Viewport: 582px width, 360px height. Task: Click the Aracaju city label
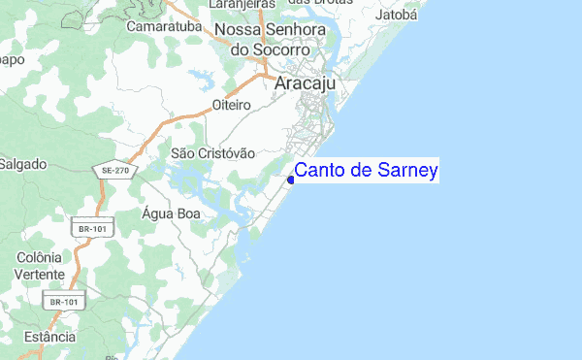coord(306,83)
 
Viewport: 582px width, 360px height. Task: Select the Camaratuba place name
coord(163,27)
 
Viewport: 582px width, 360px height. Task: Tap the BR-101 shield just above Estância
coord(63,303)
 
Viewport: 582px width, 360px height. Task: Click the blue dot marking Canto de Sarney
coord(291,180)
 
